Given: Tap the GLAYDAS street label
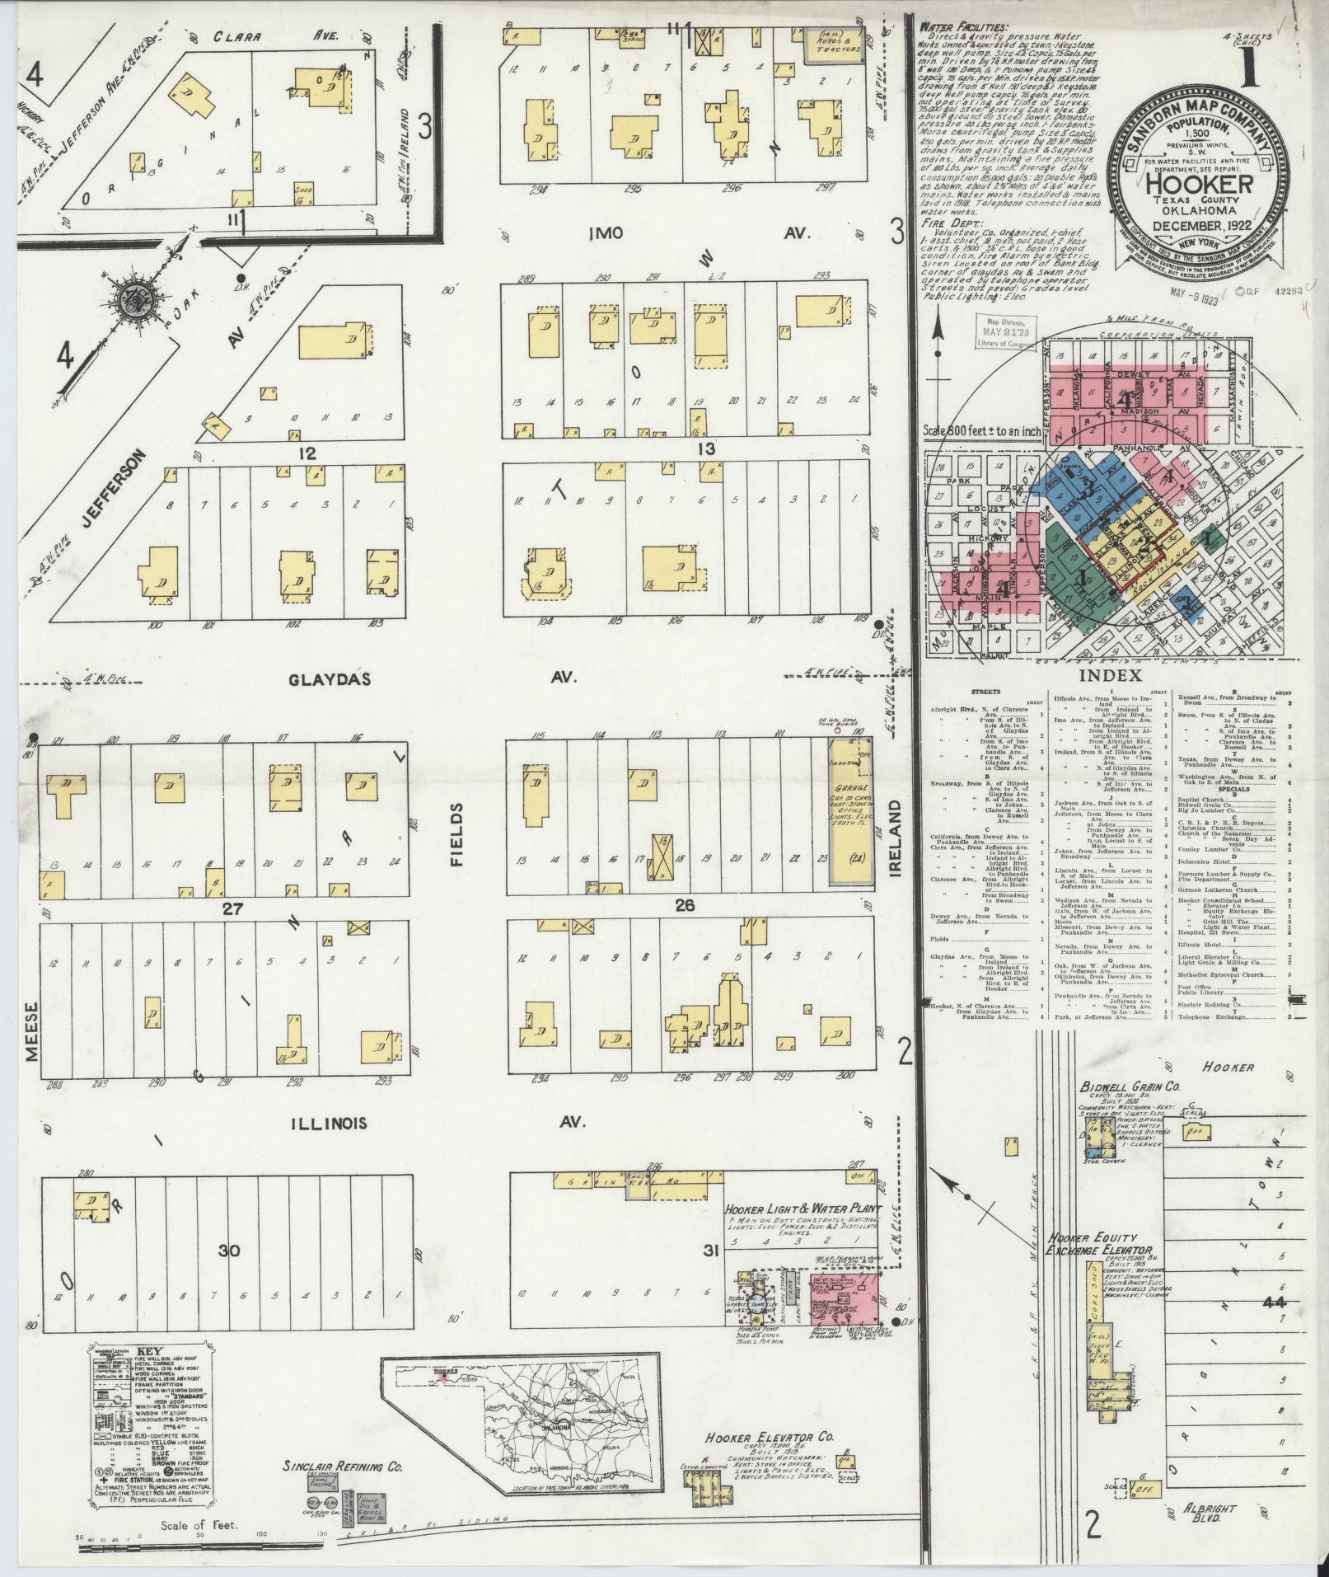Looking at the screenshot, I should coord(330,679).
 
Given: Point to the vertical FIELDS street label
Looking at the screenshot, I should coord(458,836).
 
